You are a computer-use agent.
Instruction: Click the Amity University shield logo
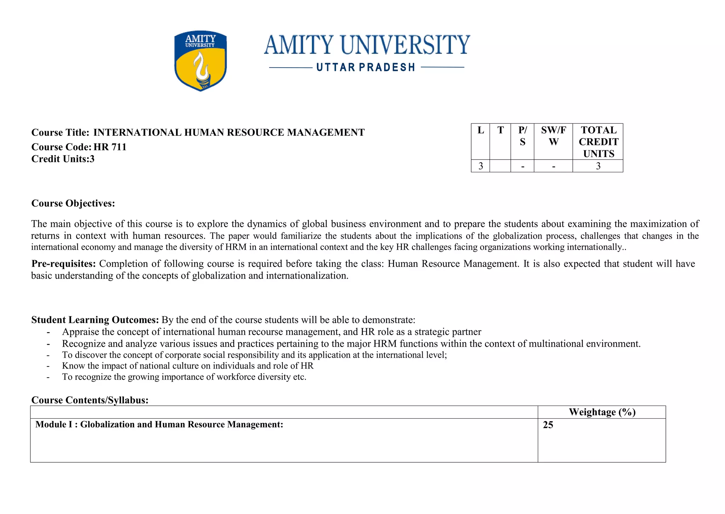pos(201,61)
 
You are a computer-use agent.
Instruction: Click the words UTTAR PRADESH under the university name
pos(366,67)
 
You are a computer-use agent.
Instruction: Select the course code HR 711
pos(110,147)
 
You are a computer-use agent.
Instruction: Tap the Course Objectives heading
pos(73,203)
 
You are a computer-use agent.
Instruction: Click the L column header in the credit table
pos(480,130)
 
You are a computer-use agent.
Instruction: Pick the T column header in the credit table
pos(500,130)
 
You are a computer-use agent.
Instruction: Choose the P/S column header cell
pos(523,136)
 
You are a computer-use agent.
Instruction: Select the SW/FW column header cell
pos(553,136)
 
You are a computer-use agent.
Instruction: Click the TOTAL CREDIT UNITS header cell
pos(598,142)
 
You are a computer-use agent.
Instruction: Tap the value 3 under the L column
pos(480,166)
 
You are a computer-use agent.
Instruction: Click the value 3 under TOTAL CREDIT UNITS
pos(598,166)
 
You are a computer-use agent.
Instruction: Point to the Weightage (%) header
pos(602,412)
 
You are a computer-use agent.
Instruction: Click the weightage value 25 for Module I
pos(548,425)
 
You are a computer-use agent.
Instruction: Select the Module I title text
pos(159,425)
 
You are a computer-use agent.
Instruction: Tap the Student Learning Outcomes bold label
pos(95,320)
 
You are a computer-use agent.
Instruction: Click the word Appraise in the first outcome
pos(79,332)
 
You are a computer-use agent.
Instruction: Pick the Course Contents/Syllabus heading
pos(90,400)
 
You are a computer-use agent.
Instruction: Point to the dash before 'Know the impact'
pos(48,366)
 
